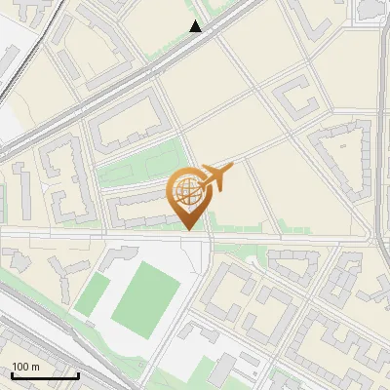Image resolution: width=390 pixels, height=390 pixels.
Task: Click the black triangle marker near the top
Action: click(x=196, y=26)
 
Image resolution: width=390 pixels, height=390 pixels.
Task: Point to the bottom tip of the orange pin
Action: click(x=189, y=230)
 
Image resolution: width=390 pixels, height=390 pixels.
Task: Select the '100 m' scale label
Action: click(x=26, y=367)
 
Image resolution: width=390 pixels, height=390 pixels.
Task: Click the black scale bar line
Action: click(x=45, y=375)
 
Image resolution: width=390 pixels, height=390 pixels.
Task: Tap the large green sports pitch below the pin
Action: click(x=146, y=294)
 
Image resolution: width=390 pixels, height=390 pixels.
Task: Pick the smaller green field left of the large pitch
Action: click(x=94, y=292)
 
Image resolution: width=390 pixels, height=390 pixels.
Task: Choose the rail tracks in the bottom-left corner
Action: click(x=29, y=331)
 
